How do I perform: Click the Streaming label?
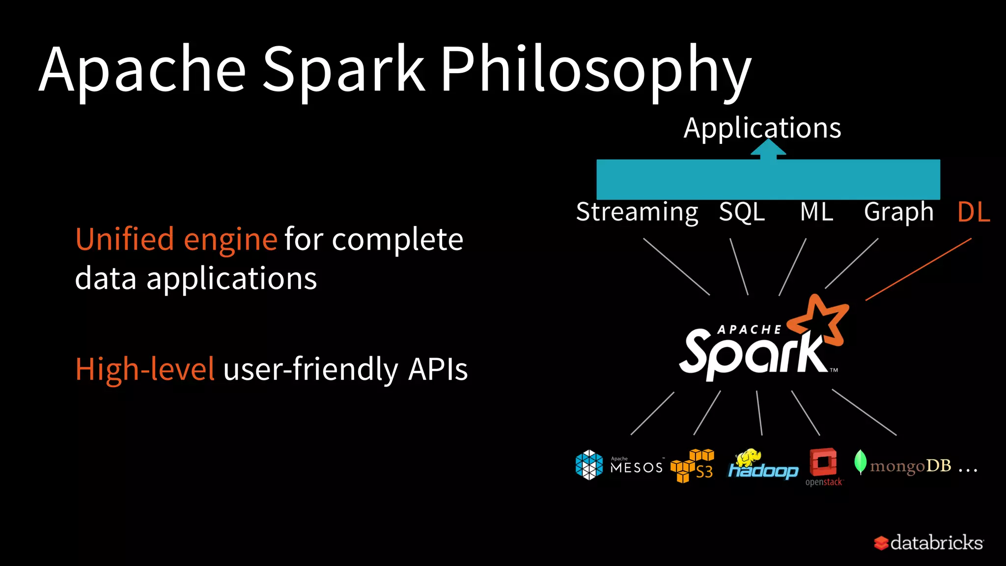pos(637,212)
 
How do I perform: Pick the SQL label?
pos(742,212)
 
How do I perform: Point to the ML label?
pos(816,212)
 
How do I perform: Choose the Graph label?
pos(898,212)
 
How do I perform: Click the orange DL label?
pos(974,212)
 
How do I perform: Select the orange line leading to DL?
pos(919,269)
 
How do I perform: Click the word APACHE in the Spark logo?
pos(749,330)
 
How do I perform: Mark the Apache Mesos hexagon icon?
pos(589,465)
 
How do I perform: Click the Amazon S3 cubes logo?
pos(692,466)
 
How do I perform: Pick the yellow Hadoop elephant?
pos(748,457)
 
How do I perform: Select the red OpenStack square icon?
pos(823,462)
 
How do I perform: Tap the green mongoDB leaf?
pos(860,462)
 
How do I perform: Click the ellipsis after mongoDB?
pos(968,471)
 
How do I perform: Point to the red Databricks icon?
pos(881,543)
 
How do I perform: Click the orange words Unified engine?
pos(176,240)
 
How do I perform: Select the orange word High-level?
pos(145,369)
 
